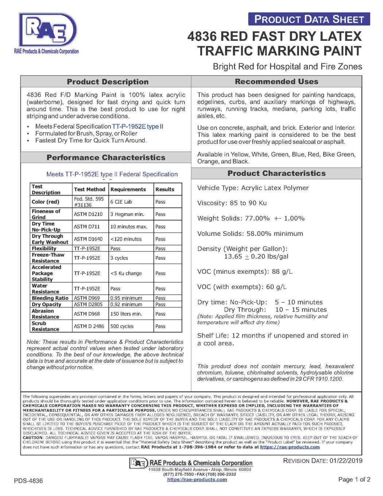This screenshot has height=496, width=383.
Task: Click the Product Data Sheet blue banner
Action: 309,19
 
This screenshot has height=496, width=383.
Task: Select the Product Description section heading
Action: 108,82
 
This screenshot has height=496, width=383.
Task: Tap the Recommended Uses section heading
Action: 276,81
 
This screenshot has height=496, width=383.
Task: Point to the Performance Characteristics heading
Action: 106,158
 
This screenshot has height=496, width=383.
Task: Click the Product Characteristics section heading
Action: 276,173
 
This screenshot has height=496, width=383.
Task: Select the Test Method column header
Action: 89,189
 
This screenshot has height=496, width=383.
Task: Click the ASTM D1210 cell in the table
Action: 88,214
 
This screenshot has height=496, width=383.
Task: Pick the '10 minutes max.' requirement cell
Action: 129,227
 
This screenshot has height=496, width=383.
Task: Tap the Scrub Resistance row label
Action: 46,326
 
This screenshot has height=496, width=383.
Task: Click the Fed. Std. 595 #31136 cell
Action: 89,202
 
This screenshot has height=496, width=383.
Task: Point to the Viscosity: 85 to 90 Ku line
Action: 232,203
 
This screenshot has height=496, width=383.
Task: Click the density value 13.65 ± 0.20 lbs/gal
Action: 256,257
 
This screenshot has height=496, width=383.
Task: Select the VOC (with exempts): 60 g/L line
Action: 241,287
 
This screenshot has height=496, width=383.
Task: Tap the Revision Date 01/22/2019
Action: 322,461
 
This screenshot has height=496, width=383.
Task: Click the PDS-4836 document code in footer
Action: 28,481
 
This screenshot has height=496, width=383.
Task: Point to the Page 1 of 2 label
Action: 354,479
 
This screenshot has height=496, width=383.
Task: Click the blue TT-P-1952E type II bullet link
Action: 138,126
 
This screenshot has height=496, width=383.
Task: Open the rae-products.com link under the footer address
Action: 197,480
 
